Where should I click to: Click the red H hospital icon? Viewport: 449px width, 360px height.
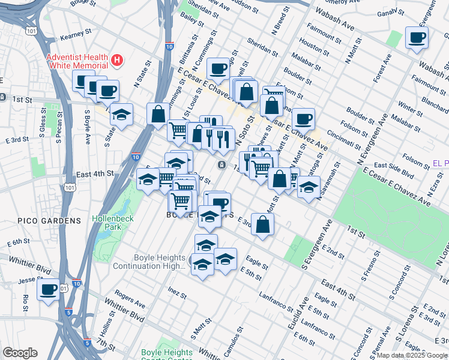(118, 61)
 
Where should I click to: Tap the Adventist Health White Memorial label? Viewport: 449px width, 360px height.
(79, 61)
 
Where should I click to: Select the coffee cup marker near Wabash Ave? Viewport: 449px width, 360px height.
(417, 38)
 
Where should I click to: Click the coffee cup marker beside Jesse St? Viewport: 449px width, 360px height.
(48, 290)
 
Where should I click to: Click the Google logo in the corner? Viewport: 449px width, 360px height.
(20, 353)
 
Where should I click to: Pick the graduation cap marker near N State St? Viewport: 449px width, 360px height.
(122, 116)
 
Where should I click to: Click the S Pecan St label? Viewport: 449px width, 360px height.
(58, 125)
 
